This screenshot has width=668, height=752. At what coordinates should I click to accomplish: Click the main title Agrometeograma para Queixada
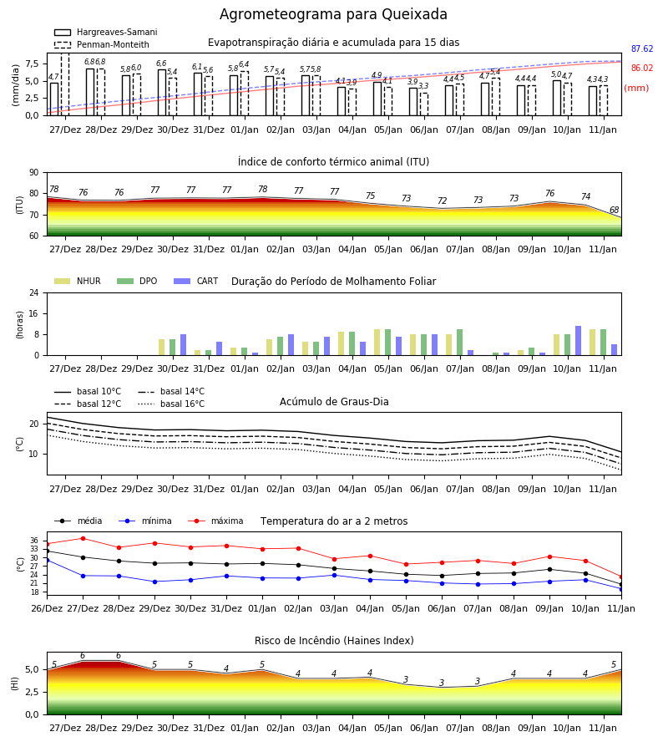point(333,14)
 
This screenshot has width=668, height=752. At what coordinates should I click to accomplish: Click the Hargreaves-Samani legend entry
point(105,32)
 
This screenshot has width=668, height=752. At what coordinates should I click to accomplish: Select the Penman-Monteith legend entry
point(102,44)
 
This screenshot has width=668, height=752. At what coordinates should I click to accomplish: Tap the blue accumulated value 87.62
point(642,49)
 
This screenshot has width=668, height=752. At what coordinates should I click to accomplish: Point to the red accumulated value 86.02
point(642,69)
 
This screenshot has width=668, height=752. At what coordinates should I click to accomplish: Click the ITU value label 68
point(614,210)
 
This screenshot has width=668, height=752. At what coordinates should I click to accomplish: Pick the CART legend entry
point(196,281)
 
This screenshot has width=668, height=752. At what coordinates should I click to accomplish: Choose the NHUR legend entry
point(78,281)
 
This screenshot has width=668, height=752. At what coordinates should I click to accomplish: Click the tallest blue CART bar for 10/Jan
point(579,341)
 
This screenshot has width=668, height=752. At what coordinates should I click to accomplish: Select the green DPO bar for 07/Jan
point(459,343)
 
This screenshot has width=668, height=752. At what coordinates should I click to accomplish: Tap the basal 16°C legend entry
point(171,404)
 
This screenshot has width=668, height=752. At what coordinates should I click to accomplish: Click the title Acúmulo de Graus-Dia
point(334,402)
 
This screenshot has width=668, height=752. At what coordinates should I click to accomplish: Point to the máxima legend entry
point(215,521)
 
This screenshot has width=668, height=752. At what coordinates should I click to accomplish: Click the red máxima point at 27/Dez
point(83,539)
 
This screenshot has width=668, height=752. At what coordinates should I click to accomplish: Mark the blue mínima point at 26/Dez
point(47,560)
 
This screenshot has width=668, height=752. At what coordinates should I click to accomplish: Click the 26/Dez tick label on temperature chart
point(47,608)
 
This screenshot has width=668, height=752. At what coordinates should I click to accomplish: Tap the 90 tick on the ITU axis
point(34,173)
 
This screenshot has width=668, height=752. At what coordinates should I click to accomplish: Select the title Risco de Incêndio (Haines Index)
point(334,641)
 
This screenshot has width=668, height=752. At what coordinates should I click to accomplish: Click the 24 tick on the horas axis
point(34,292)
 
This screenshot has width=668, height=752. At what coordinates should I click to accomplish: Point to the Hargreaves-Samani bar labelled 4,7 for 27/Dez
point(54,99)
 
